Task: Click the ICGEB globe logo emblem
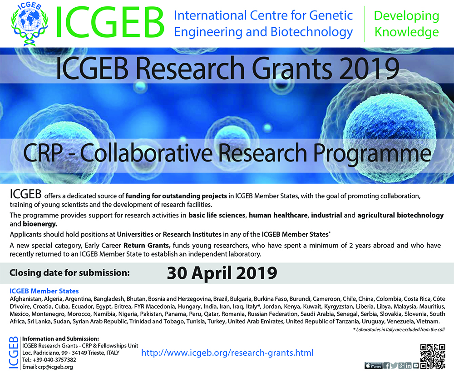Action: (x=29, y=24)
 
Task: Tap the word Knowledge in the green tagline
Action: (x=406, y=32)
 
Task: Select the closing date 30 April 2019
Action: (x=222, y=273)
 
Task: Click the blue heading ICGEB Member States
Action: (x=44, y=291)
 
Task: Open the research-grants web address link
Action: (x=227, y=353)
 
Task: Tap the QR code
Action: (x=432, y=357)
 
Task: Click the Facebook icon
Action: (x=386, y=365)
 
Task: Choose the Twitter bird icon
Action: (x=394, y=365)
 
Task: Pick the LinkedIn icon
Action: (x=408, y=365)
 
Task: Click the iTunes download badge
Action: (x=374, y=366)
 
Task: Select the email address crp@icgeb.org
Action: (x=55, y=367)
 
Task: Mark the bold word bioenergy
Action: (x=40, y=224)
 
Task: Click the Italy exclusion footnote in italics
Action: (x=399, y=329)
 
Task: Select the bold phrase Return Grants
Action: (x=147, y=245)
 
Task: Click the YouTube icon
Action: (x=416, y=365)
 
